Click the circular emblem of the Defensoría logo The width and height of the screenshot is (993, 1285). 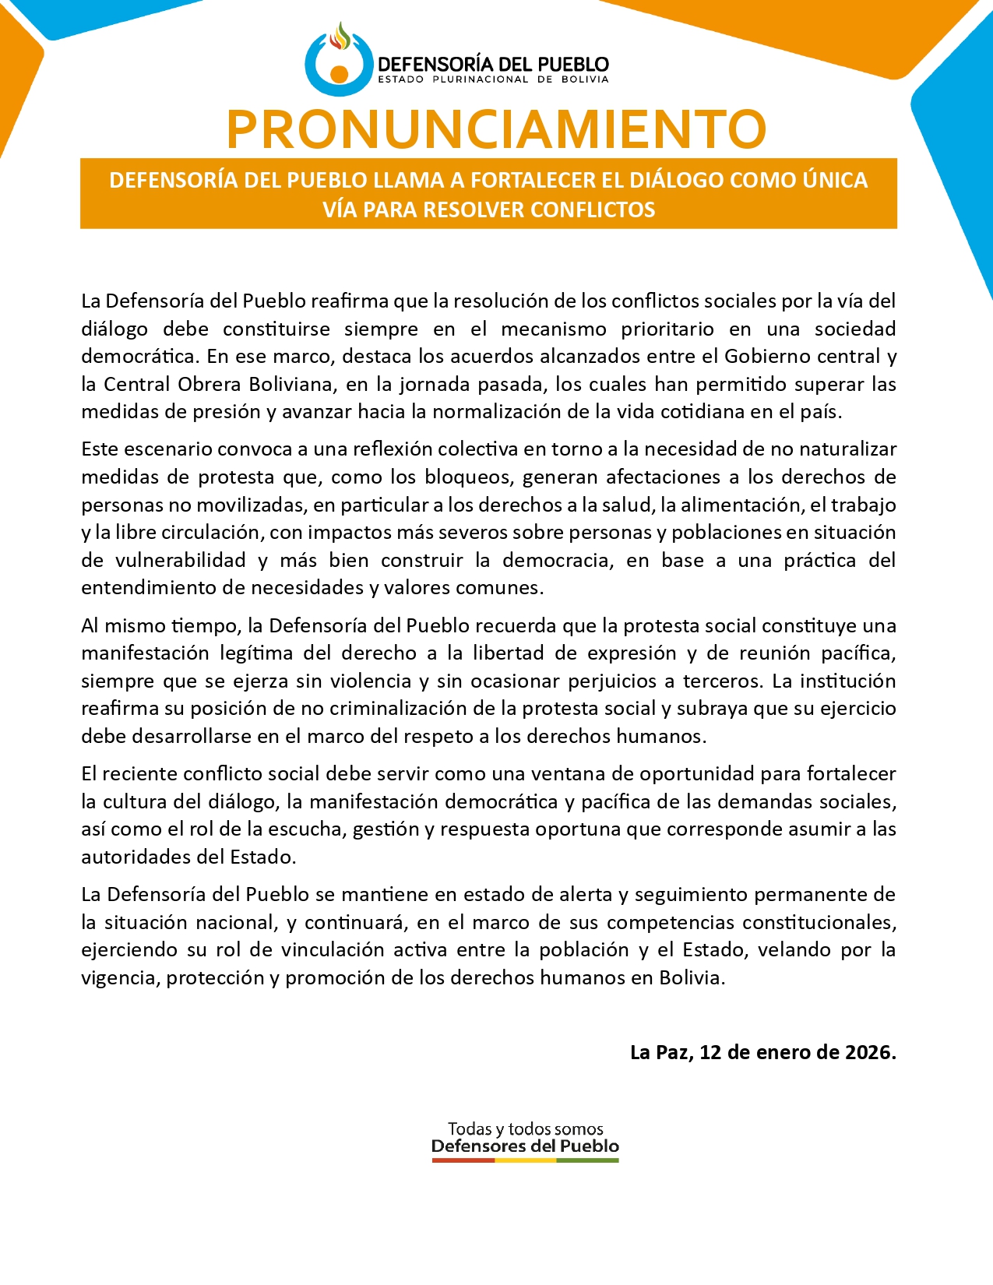point(339,62)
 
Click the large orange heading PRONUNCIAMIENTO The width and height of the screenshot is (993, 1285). point(496,129)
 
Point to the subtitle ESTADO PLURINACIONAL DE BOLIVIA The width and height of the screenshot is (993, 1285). point(492,79)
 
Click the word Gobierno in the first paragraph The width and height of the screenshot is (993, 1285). point(762,357)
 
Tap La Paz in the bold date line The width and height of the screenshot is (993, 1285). point(660,1053)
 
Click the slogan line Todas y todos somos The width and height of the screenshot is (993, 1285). point(525,1128)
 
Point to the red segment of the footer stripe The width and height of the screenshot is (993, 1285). point(463,1160)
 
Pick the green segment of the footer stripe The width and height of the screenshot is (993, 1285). point(587,1160)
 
